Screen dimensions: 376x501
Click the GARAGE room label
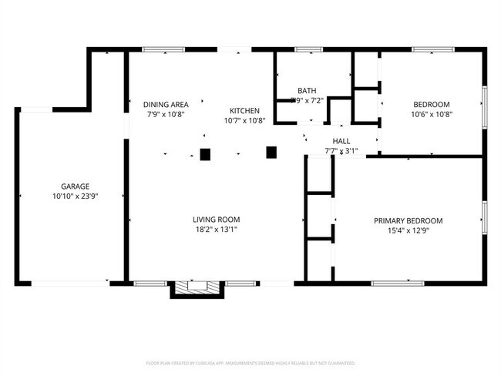(x=76, y=186)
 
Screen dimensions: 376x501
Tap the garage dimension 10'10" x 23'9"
(x=76, y=196)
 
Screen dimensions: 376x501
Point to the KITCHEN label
(x=244, y=111)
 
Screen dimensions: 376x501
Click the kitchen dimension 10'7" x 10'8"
(x=244, y=121)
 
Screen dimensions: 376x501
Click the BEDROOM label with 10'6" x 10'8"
(x=431, y=104)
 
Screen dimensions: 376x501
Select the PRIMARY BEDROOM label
(x=409, y=220)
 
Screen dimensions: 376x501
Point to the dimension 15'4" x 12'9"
(x=409, y=230)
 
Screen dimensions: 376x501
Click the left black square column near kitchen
(x=205, y=154)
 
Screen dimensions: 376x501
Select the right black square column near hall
(x=271, y=152)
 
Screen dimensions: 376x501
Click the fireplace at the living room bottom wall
(x=197, y=287)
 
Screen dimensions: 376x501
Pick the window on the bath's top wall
(x=309, y=50)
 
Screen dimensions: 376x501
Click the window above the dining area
(x=163, y=50)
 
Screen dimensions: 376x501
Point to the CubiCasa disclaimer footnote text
(x=250, y=362)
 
